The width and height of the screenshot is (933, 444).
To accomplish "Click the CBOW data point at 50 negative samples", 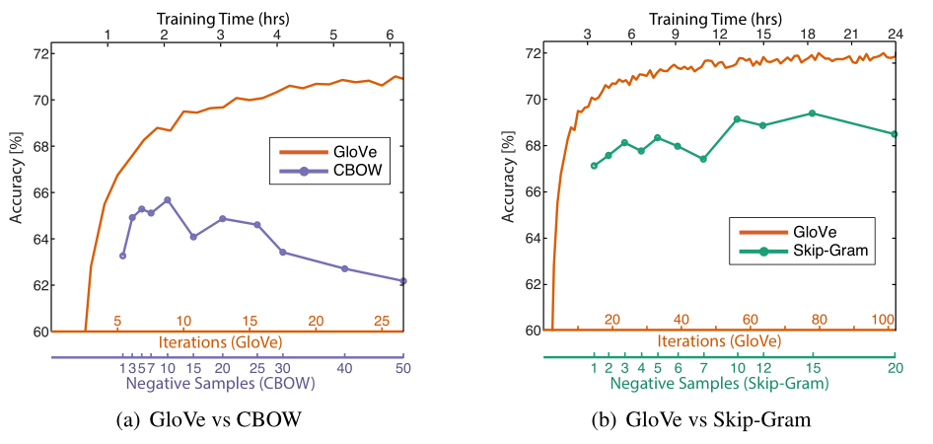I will [x=403, y=281].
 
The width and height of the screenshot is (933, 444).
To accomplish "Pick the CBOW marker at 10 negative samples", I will [x=168, y=200].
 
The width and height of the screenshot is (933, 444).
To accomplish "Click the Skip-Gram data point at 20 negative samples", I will [x=895, y=134].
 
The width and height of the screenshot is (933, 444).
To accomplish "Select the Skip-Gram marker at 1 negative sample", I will [x=594, y=166].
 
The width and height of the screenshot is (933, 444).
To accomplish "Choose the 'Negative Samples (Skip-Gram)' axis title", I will [x=719, y=383].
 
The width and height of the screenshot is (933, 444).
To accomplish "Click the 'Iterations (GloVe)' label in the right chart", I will [x=720, y=341].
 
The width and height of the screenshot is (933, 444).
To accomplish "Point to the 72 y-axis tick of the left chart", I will [x=37, y=53].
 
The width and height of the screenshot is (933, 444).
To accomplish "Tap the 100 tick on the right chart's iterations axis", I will [x=883, y=320].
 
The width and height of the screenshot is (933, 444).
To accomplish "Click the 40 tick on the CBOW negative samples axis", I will [x=344, y=367].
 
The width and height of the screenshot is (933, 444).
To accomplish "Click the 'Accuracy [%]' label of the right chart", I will [x=508, y=178].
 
